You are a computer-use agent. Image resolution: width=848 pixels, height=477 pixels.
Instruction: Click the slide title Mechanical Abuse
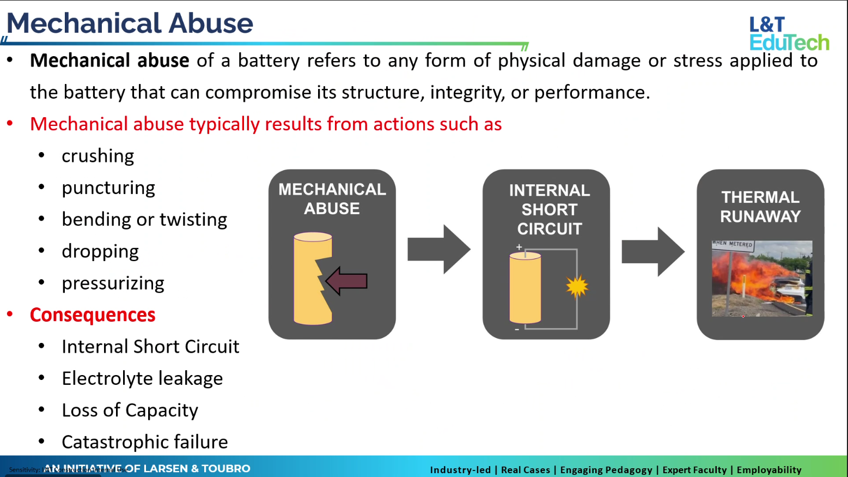(130, 23)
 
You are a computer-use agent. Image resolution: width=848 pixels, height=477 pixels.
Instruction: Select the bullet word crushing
(97, 156)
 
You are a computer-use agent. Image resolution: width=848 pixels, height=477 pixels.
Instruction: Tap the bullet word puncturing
(108, 188)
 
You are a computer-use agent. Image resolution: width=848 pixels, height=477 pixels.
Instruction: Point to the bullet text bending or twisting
(144, 219)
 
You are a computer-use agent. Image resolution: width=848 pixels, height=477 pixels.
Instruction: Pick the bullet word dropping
(100, 251)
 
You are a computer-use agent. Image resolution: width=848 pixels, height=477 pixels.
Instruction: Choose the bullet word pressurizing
(113, 283)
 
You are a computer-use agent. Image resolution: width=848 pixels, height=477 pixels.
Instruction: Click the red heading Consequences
(93, 315)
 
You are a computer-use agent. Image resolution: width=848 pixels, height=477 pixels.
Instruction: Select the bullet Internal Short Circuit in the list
(150, 347)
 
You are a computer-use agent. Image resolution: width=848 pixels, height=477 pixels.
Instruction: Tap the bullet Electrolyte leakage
(142, 378)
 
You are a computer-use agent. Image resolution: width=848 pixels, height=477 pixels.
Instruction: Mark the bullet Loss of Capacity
(130, 410)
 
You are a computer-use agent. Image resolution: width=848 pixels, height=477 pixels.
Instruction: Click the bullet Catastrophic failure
(144, 442)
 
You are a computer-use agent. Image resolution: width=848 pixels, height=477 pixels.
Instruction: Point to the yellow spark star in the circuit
(577, 286)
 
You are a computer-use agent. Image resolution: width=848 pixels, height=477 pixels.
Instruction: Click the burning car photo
(761, 278)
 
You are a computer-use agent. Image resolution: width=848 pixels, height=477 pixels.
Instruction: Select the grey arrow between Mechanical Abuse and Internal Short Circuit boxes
(438, 249)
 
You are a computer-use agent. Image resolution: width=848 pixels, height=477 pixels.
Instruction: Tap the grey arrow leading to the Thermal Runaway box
(652, 251)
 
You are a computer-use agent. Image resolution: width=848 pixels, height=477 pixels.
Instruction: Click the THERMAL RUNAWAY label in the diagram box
(760, 207)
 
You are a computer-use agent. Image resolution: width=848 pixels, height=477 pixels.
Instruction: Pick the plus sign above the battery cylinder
(519, 247)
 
